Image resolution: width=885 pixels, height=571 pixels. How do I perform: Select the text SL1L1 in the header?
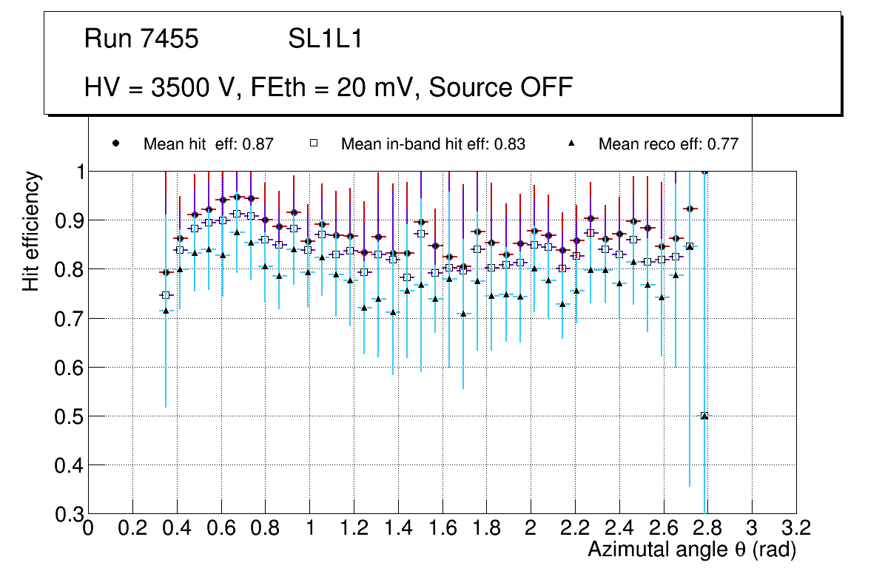click(x=326, y=39)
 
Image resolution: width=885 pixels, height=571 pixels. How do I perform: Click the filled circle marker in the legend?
click(x=116, y=143)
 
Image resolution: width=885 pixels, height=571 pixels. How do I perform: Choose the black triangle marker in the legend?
click(x=571, y=143)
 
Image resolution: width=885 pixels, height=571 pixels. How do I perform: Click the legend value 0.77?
click(x=722, y=144)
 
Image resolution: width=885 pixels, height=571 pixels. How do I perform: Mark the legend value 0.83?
click(x=509, y=144)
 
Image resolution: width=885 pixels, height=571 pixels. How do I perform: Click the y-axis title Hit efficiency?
click(x=31, y=231)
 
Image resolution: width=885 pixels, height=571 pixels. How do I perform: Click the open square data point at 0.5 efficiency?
click(x=704, y=416)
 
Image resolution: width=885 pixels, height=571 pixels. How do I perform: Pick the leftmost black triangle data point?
click(x=166, y=311)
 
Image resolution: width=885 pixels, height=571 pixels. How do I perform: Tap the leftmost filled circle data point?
click(x=166, y=273)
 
